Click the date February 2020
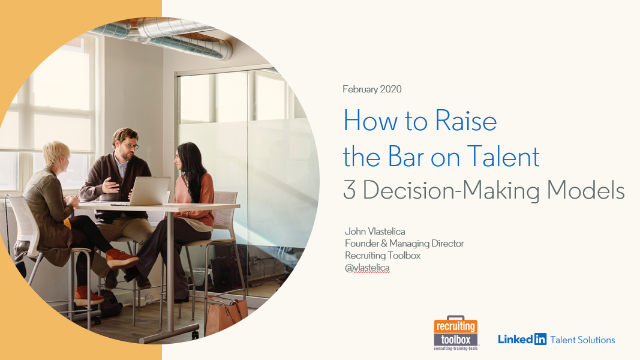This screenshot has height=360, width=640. [x=372, y=89]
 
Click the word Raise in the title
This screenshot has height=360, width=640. [x=465, y=122]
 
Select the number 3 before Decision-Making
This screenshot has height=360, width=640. [x=349, y=190]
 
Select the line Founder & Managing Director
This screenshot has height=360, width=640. [x=404, y=243]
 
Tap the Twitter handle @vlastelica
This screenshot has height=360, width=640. [x=367, y=268]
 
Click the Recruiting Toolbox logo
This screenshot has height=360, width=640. [x=456, y=334]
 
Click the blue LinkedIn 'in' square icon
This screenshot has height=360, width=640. [x=539, y=340]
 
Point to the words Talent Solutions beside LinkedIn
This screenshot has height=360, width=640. [x=582, y=340]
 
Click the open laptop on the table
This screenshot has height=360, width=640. [x=148, y=191]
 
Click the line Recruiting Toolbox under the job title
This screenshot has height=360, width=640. [x=382, y=256]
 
